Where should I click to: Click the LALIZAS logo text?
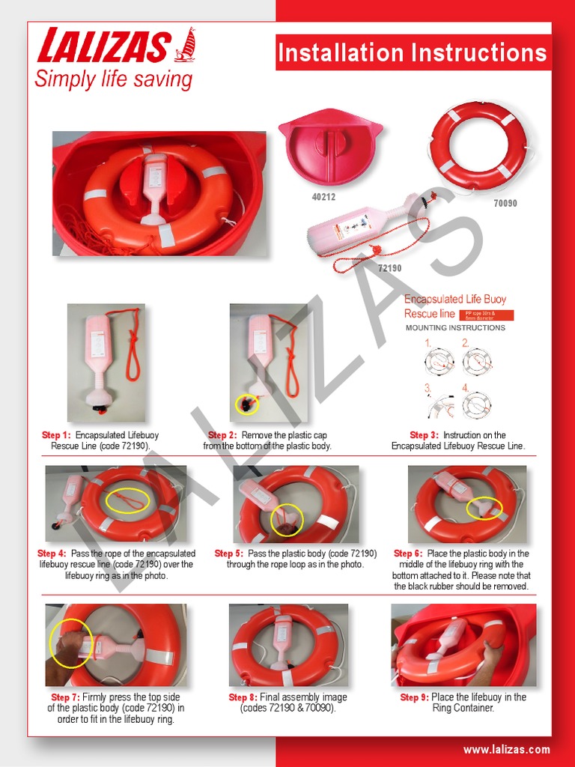(103, 46)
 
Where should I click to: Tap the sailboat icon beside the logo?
(185, 45)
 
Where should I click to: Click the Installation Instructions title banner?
(413, 53)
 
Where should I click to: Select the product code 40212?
(323, 197)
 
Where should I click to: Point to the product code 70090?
(505, 203)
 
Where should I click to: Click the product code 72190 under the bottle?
(389, 267)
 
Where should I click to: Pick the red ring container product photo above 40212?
(330, 148)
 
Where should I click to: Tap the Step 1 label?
(56, 435)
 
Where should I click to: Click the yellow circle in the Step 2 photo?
(247, 405)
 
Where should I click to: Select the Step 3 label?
(424, 435)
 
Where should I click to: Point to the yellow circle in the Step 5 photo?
(285, 520)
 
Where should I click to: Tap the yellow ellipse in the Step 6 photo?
(484, 508)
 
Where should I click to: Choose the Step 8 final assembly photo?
(288, 645)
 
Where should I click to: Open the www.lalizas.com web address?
(506, 750)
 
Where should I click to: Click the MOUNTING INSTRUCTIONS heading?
(455, 328)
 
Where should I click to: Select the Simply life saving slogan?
(113, 80)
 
